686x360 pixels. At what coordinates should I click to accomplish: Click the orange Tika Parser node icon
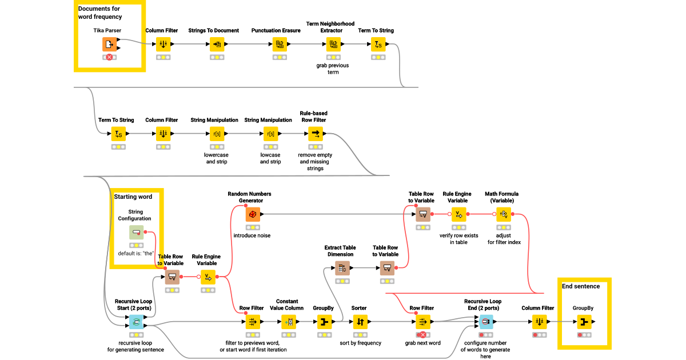[109, 45]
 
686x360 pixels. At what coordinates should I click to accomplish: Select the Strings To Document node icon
[217, 44]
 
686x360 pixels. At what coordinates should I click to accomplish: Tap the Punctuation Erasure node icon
[280, 44]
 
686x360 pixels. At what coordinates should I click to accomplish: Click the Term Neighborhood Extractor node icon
[333, 44]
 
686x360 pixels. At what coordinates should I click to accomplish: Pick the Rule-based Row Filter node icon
[316, 134]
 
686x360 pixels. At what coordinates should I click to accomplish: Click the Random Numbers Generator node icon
[253, 214]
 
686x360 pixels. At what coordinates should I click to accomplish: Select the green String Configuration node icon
[136, 233]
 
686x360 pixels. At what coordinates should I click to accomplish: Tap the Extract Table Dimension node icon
[342, 267]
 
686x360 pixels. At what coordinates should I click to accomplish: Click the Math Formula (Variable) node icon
[504, 214]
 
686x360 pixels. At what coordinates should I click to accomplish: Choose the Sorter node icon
[360, 322]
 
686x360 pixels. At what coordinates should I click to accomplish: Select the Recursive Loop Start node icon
[136, 322]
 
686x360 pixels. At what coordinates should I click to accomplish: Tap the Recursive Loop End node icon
[485, 322]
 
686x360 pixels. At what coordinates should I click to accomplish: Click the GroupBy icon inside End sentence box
[584, 322]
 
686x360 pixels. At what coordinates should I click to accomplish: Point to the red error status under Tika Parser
[109, 57]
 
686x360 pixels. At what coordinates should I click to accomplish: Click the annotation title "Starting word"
[133, 197]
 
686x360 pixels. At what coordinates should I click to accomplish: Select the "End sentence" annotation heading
[581, 286]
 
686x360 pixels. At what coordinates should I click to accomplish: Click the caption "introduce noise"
[252, 235]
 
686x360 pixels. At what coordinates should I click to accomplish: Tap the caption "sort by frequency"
[360, 343]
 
